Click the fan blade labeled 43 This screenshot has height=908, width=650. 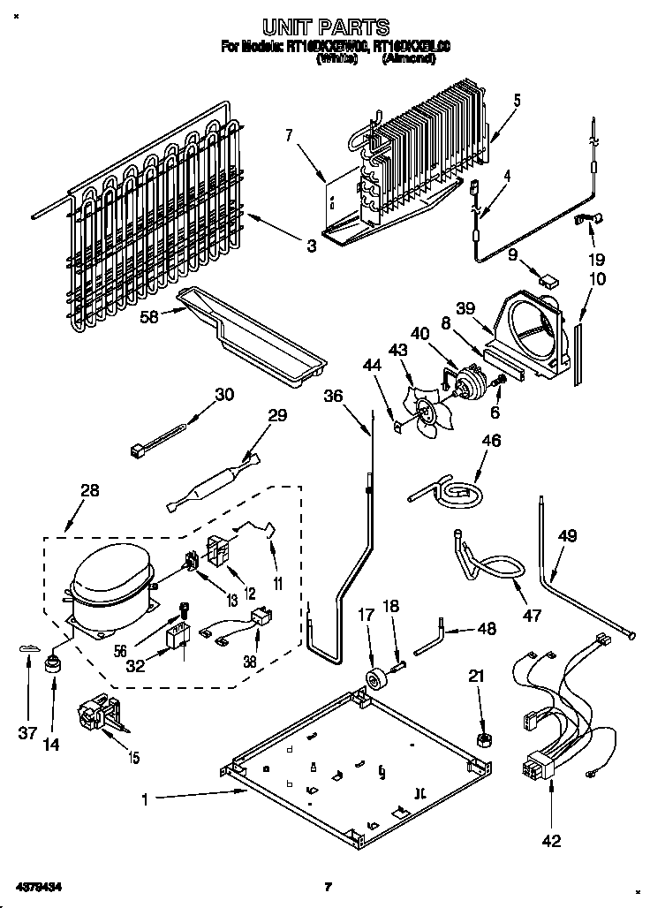[422, 408]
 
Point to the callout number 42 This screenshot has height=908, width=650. [551, 842]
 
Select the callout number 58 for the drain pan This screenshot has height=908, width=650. [149, 316]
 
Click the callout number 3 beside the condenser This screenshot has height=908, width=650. [311, 247]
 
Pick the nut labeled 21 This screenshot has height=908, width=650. [483, 738]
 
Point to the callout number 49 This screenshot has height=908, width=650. [567, 534]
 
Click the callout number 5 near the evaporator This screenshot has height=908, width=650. [517, 101]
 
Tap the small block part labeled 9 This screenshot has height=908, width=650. [548, 282]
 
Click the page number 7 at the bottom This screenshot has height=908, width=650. [327, 886]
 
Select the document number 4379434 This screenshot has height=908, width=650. [37, 886]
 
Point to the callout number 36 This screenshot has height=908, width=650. [333, 397]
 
